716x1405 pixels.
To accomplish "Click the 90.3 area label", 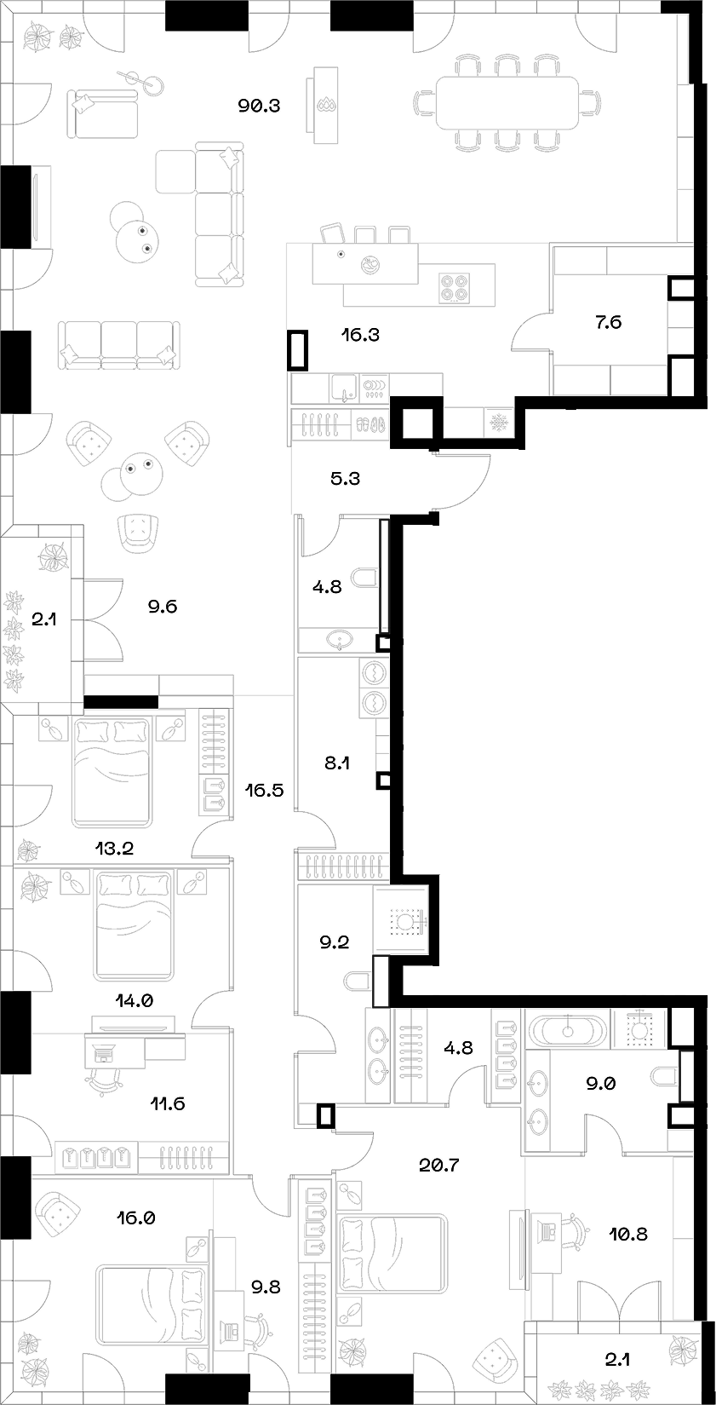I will point(261,107).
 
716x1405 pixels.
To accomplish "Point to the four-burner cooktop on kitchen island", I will point(455,286).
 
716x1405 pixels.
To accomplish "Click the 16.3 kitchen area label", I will point(359,335).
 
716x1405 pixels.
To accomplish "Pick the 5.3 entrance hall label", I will point(345,479).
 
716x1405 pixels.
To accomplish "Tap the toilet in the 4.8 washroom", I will point(364,579).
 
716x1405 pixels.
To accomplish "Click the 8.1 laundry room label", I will point(337,763).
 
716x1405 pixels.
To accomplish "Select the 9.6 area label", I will point(161,607).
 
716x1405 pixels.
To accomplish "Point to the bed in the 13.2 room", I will point(112,771).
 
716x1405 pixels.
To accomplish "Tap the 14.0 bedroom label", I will point(135,1001).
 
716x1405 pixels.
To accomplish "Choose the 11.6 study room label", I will point(165,1103).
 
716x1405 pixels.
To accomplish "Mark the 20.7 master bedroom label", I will point(439,1165).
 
